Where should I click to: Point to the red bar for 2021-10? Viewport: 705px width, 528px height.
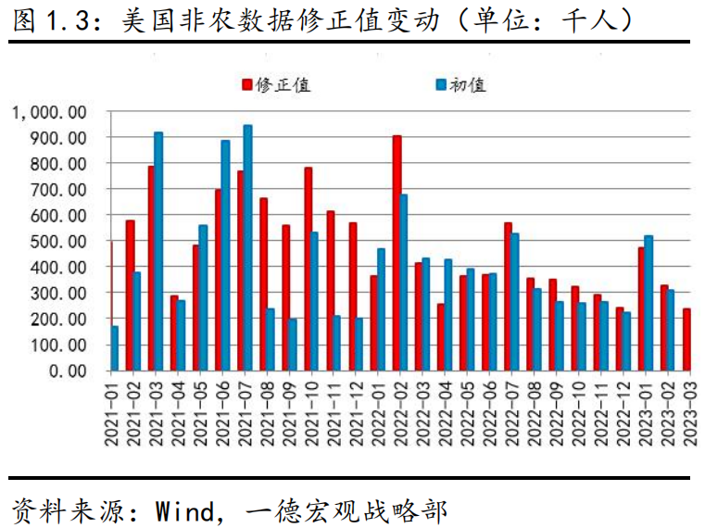coord(308,269)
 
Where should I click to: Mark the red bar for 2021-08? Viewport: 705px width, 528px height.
coord(263,283)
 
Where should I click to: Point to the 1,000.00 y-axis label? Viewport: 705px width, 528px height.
coord(50,112)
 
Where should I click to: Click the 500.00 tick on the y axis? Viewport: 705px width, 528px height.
coord(61,242)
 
